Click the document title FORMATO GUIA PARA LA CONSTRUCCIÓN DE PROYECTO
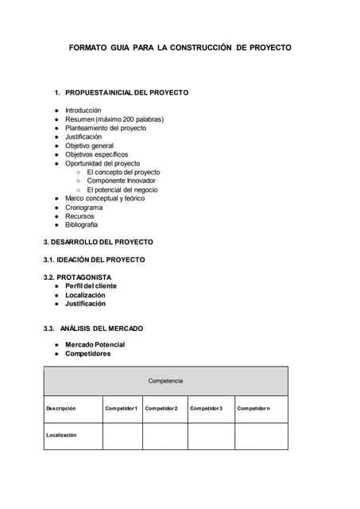click(180, 48)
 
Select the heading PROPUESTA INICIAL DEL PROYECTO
click(126, 92)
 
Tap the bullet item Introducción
click(83, 110)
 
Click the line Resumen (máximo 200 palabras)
click(114, 119)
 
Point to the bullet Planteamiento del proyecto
click(106, 128)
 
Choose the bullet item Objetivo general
click(89, 146)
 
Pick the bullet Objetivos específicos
click(96, 154)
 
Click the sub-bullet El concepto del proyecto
click(123, 172)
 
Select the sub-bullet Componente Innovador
click(122, 181)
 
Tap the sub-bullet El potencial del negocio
click(122, 190)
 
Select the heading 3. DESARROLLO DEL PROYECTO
click(98, 242)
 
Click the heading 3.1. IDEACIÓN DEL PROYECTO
click(94, 260)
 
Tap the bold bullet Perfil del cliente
click(91, 286)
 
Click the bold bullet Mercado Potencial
click(95, 344)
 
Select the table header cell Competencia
click(165, 381)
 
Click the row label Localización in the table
click(61, 435)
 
